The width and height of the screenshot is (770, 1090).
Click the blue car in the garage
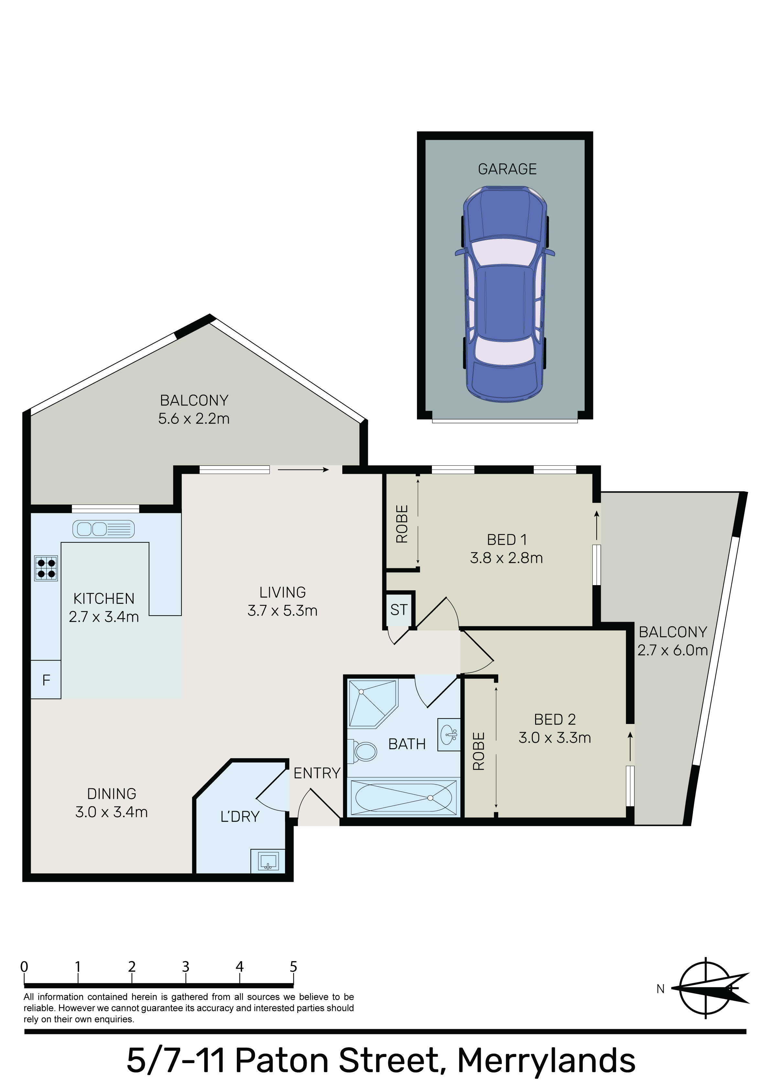(505, 293)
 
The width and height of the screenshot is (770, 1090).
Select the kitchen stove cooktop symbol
(46, 568)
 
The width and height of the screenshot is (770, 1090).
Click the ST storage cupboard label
(399, 609)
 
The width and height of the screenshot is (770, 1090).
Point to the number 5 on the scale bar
(293, 967)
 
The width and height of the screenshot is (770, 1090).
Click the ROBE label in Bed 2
(478, 751)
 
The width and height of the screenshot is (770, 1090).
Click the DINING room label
(112, 794)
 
